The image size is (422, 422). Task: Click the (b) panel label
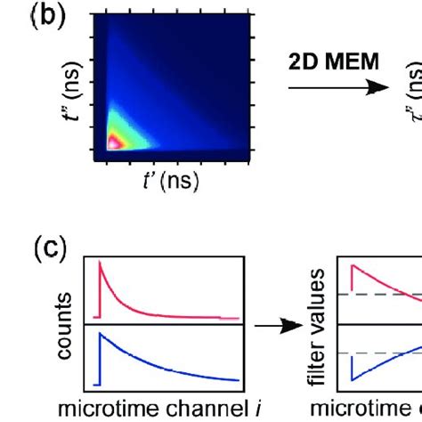point(36,19)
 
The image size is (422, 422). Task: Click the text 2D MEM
point(334,64)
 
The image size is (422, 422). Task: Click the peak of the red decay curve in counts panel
point(101,264)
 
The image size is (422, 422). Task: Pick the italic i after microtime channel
point(226,409)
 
